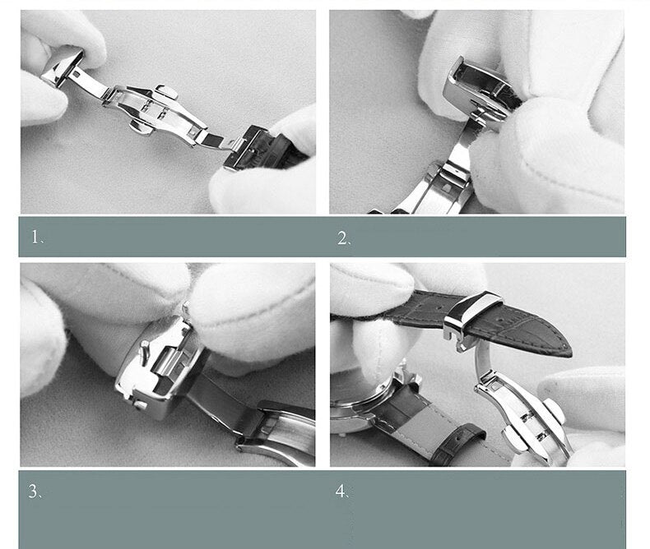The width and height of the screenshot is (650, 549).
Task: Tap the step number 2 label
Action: coord(344,238)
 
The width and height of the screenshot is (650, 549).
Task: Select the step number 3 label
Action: coord(35,491)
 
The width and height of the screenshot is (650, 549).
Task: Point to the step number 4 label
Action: coord(342,491)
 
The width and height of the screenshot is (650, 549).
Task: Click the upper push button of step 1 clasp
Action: coord(167,91)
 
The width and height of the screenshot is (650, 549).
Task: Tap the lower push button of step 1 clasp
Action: coord(141,127)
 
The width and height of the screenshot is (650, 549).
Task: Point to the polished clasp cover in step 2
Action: coord(476,88)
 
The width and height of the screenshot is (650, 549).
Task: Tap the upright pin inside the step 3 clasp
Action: coord(145,353)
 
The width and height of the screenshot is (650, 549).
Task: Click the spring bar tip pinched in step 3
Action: coord(185,308)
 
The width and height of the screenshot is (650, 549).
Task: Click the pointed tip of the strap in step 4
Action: coord(569,352)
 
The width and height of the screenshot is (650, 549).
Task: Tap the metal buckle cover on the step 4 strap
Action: coord(472,317)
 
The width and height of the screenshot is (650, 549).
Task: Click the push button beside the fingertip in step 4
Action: coord(553,411)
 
